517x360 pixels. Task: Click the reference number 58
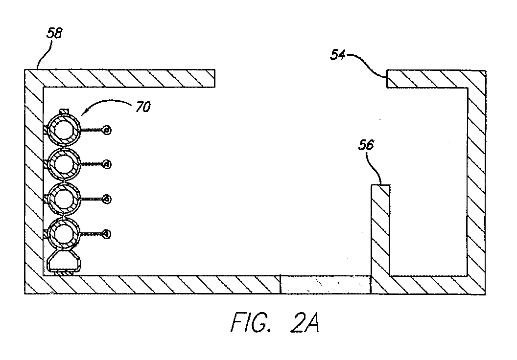[54, 33]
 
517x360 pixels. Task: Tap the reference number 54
[338, 55]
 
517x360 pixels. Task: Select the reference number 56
[366, 145]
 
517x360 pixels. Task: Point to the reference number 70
[143, 107]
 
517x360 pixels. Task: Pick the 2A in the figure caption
[305, 322]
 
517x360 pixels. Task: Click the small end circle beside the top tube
[107, 131]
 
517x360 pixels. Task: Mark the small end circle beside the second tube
[107, 164]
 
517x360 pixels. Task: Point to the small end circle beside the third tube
[107, 199]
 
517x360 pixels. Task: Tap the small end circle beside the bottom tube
[107, 234]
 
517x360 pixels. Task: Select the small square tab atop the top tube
[64, 112]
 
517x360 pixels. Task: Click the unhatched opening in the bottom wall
[326, 285]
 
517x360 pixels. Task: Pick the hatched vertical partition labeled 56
[380, 230]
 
